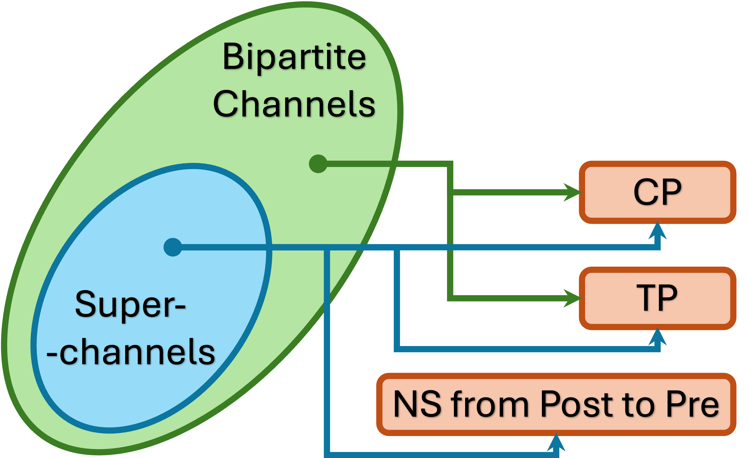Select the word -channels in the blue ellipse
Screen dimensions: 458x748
pos(131,352)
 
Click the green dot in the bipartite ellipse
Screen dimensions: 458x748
pos(318,164)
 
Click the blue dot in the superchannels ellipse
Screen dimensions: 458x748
pos(172,247)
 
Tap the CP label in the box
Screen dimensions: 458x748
pos(657,192)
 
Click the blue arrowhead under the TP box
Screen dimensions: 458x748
pos(657,337)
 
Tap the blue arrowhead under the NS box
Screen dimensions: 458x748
pos(556,443)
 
